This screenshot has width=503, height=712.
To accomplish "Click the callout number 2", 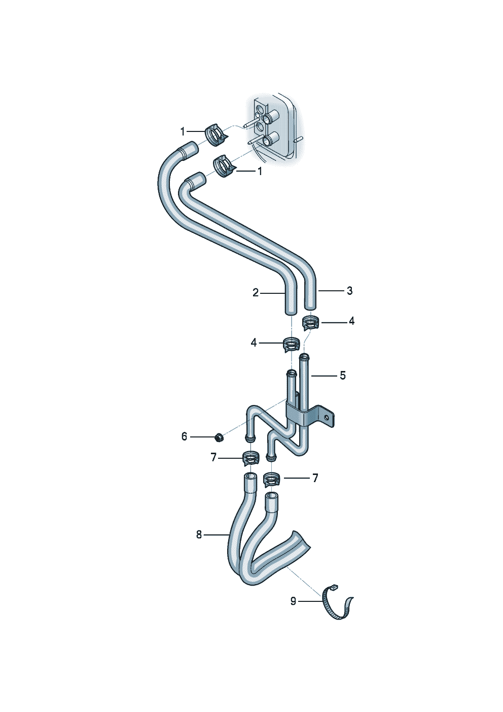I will click(256, 293).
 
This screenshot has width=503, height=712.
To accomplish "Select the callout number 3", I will click(349, 291).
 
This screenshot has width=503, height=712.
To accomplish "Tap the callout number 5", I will click(343, 376).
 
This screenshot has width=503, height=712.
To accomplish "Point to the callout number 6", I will click(184, 436).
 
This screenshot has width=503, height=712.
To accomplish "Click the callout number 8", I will click(199, 534).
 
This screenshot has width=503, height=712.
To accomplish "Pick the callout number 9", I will click(293, 601).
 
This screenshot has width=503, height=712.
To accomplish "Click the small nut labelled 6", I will click(219, 436).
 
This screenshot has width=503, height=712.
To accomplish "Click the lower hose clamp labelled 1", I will click(223, 166).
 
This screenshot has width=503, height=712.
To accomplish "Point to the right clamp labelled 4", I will click(310, 322).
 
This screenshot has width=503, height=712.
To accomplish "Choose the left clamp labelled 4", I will click(291, 344).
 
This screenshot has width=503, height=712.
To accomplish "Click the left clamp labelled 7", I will click(250, 458).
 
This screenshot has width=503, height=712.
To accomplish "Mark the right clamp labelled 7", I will click(272, 479).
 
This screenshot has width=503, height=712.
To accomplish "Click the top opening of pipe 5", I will click(304, 357).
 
